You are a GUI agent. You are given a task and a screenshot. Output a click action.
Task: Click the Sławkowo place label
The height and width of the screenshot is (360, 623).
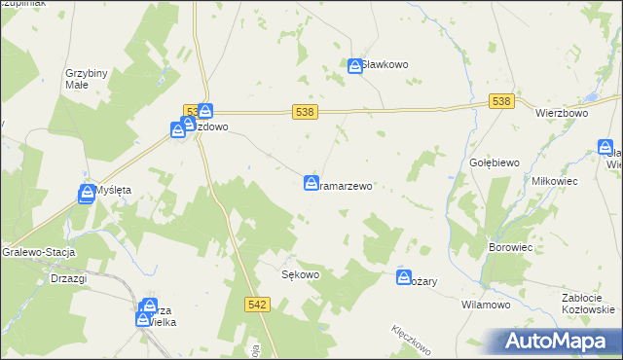click(x=385, y=65)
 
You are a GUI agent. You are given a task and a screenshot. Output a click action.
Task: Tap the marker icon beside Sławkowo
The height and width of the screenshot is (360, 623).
click(x=355, y=65)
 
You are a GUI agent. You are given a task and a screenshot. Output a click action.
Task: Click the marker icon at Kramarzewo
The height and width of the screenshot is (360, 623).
click(x=311, y=182)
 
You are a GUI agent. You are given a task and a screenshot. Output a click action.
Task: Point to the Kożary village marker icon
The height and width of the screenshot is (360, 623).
click(x=404, y=278)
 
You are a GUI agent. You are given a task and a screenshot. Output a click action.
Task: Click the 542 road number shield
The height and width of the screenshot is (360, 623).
click(x=256, y=305)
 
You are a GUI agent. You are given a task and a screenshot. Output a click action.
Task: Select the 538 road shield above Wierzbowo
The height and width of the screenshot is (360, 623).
click(x=500, y=101)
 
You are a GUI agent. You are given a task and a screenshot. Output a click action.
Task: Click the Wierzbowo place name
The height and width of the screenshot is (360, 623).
click(x=563, y=113)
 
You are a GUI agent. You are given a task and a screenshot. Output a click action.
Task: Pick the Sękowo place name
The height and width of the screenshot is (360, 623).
click(x=301, y=274)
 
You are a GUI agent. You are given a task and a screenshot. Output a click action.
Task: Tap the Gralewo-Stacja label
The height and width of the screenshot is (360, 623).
click(x=38, y=250)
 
